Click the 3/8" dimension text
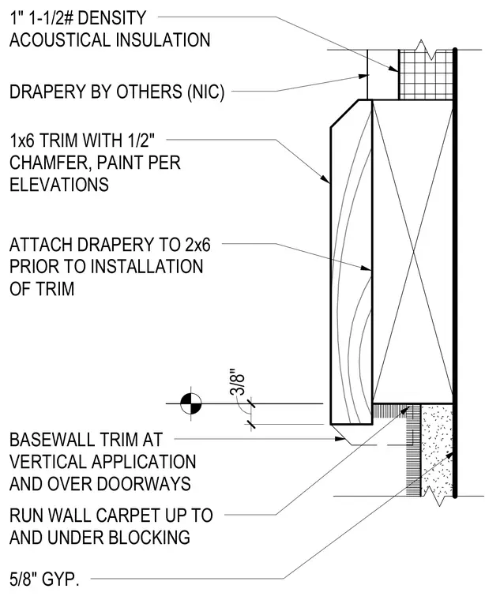pos(237,382)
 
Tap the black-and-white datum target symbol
pos(191,403)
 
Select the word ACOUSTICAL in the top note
pos(60,40)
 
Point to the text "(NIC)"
pos(205,92)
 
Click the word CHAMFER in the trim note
pos(49,163)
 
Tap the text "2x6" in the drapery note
pos(198,245)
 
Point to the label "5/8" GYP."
pos(44,579)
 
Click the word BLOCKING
pos(149,538)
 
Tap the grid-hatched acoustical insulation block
pos(426,75)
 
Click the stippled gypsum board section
pos(437,450)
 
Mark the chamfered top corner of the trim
pos(344,114)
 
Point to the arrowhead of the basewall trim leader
pos(340,438)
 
